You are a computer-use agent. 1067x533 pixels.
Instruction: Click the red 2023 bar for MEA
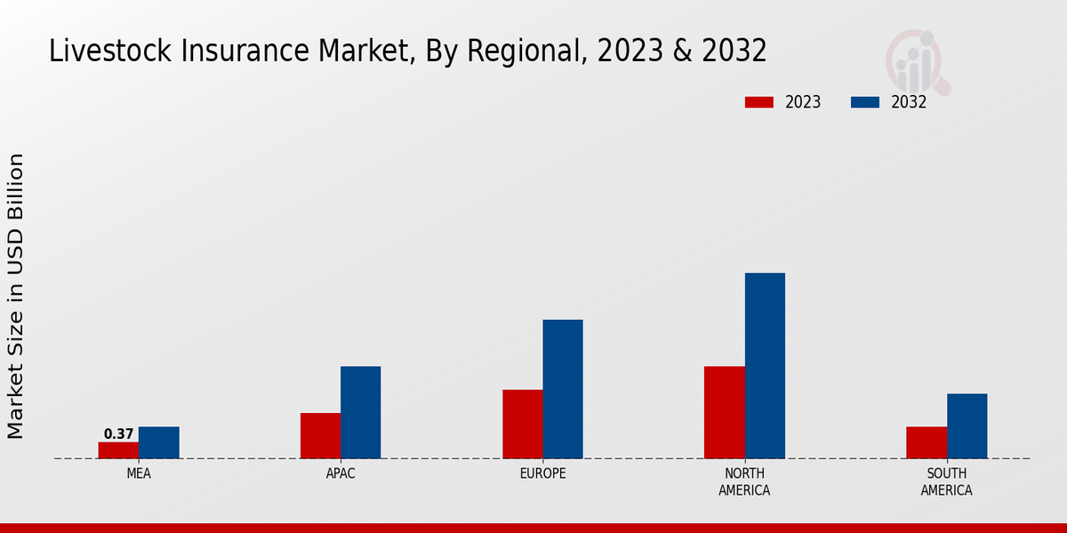[x=118, y=450]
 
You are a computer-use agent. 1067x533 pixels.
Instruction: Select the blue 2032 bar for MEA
[x=158, y=442]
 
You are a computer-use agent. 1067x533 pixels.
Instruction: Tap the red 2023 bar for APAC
[x=320, y=435]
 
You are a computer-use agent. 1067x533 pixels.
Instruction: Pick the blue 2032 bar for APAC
[x=360, y=412]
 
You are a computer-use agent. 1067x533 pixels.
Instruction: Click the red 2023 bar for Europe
[x=522, y=424]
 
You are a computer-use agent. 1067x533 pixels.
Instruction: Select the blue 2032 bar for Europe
[x=563, y=389]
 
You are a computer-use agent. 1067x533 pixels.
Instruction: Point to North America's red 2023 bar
[x=724, y=412]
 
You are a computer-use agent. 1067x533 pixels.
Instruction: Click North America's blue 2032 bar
[x=765, y=365]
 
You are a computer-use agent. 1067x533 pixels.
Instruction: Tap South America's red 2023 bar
[x=927, y=442]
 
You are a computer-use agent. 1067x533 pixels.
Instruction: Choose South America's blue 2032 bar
[x=967, y=426]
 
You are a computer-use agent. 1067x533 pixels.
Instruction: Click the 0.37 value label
[x=118, y=434]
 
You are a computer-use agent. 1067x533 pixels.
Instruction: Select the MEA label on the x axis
[x=139, y=474]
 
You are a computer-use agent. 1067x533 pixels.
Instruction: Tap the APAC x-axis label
[x=341, y=474]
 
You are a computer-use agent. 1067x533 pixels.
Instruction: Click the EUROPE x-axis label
[x=542, y=474]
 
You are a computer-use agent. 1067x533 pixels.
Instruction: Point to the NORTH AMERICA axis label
[x=744, y=482]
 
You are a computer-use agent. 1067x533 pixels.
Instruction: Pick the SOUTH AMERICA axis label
[x=946, y=482]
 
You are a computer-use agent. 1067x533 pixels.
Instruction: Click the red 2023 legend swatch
[x=759, y=102]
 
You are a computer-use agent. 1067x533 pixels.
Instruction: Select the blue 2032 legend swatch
[x=865, y=102]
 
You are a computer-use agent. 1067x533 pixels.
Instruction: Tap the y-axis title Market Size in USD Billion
[x=16, y=296]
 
